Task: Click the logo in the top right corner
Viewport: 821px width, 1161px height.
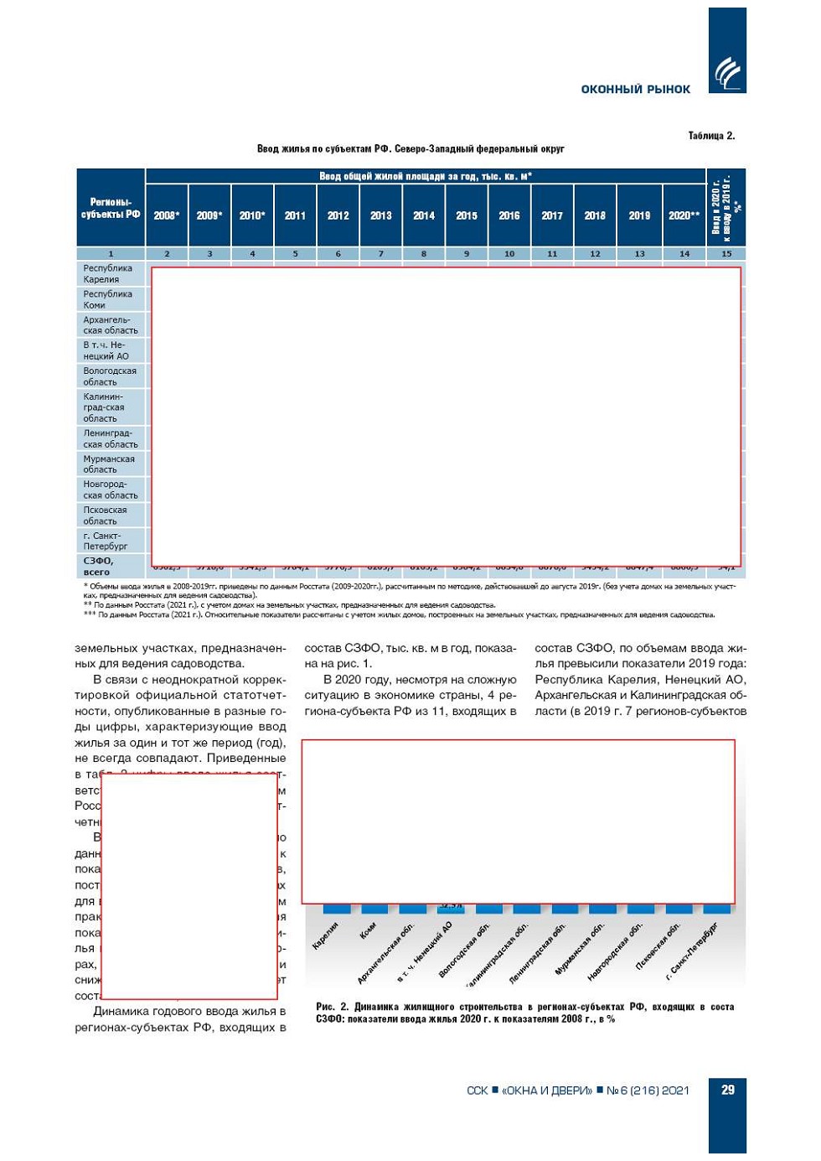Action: pos(726,72)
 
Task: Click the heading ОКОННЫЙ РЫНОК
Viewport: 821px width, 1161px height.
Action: pos(635,89)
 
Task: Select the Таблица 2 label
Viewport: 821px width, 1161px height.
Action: pos(711,136)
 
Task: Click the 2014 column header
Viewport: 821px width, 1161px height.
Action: pos(424,215)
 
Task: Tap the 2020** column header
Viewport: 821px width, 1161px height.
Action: pos(684,215)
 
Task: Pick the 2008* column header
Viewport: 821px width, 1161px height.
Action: pos(167,215)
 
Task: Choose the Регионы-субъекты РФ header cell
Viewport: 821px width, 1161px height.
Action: pos(111,208)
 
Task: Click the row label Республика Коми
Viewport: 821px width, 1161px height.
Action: pos(107,299)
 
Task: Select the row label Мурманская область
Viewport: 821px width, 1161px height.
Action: pos(109,464)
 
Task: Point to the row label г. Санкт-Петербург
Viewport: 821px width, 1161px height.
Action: pos(105,541)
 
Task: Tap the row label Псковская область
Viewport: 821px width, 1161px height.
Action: pos(105,516)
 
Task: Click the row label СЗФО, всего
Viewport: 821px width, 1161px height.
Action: pos(98,566)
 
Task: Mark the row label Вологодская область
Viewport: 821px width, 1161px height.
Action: pos(109,376)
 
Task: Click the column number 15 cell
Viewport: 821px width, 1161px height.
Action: pos(725,253)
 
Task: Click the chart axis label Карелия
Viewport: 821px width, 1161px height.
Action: pos(326,934)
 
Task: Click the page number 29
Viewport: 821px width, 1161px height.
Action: pos(727,1090)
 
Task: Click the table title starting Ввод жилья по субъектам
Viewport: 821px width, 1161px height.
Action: pos(410,149)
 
